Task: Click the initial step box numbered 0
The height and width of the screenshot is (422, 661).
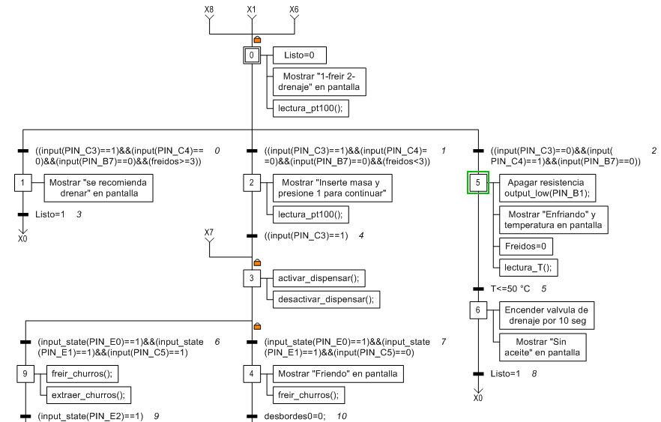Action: coord(252,55)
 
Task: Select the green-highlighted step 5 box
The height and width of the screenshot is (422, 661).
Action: coord(478,183)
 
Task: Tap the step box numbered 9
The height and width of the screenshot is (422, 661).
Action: coord(25,373)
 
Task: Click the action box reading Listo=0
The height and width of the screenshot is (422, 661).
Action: coord(299,55)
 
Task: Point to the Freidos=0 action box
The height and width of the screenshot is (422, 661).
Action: coord(525,246)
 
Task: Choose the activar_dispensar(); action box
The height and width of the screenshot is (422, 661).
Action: coord(319,278)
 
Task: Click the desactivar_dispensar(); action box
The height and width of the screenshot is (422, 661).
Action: coord(326,299)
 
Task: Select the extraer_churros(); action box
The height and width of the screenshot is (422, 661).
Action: coord(88,395)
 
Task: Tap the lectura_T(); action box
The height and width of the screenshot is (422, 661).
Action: coord(528,268)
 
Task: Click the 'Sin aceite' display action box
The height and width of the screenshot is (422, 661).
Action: coord(542,347)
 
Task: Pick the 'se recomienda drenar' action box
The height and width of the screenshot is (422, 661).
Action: coord(99,188)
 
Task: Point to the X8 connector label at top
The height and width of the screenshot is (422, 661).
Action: coord(209,9)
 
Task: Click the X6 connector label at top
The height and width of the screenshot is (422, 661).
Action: coord(295,9)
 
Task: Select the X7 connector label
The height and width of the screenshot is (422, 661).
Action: coord(209,232)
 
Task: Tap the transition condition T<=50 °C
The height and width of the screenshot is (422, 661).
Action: coord(510,289)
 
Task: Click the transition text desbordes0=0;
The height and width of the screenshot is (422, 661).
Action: coord(295,417)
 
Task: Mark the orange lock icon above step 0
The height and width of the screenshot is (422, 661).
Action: coord(257,39)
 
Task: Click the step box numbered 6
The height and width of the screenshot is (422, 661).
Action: coord(478,310)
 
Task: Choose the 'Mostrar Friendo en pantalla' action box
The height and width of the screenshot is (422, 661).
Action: coord(338,374)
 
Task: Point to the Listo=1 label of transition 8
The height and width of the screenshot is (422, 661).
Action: coord(505,373)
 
